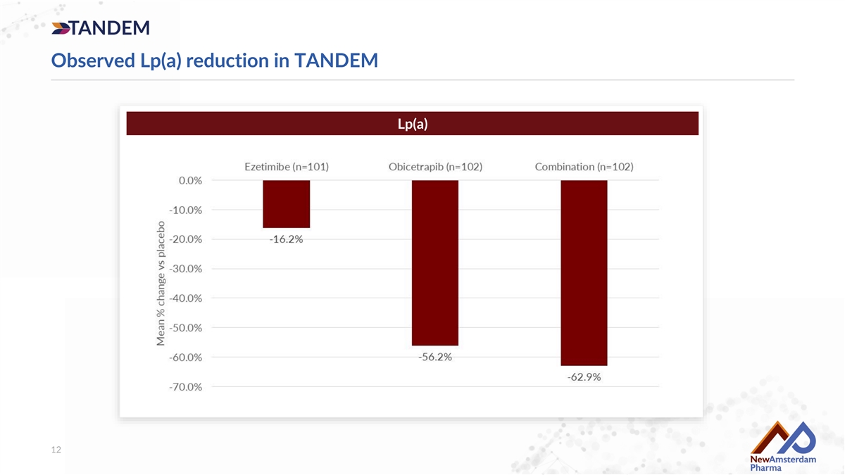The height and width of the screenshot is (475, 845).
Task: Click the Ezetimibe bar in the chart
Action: pos(287,204)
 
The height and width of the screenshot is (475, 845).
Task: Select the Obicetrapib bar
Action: pos(435,262)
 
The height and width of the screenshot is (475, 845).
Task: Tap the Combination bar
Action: pos(584,273)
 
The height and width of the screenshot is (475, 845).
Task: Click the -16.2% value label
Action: pos(286,239)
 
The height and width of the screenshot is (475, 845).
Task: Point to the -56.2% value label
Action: pos(435,357)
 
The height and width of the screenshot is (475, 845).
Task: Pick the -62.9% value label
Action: pos(584,376)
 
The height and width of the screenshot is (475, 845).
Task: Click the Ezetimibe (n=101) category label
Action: pos(287,167)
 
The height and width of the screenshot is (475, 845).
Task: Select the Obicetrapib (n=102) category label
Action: pos(435,167)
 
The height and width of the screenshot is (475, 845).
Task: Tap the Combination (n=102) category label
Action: pos(584,167)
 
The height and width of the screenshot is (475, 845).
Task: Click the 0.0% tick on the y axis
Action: pos(191,181)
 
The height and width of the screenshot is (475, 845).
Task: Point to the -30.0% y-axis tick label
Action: pos(186,269)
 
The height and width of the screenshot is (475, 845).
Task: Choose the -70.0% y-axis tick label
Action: pos(186,387)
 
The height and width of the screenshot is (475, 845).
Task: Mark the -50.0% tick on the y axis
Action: pos(186,328)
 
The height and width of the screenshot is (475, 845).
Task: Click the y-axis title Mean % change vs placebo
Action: pos(161,284)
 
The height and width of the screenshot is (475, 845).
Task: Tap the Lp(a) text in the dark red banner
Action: pos(413,124)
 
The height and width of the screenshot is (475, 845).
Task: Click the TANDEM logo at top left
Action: pos(100,28)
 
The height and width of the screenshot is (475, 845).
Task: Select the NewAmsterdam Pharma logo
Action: pos(783,446)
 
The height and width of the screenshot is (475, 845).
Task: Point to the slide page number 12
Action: pos(56,450)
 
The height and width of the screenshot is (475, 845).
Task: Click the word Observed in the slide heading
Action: pos(93,61)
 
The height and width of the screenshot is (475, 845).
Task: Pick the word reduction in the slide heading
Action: pos(227,61)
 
